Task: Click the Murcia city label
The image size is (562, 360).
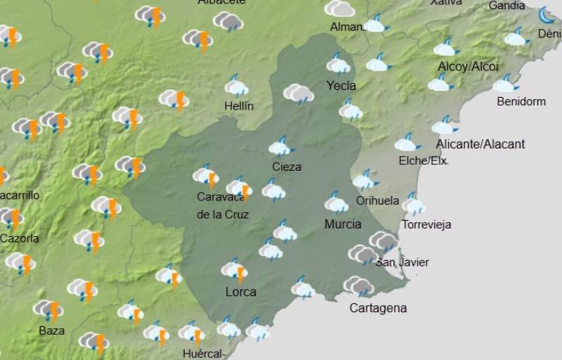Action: pyautogui.click(x=343, y=224)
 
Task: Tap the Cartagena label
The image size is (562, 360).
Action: pyautogui.click(x=378, y=308)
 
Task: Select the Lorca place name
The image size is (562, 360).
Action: pyautogui.click(x=240, y=292)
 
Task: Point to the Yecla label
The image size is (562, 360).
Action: pyautogui.click(x=341, y=86)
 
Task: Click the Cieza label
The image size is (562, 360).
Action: pyautogui.click(x=286, y=167)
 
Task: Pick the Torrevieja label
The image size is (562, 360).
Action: pyautogui.click(x=426, y=225)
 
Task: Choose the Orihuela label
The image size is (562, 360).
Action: pyautogui.click(x=377, y=200)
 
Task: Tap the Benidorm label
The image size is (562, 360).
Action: pyautogui.click(x=521, y=101)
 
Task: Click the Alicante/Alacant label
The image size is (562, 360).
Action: pyautogui.click(x=480, y=144)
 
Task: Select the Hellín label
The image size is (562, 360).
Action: pyautogui.click(x=238, y=106)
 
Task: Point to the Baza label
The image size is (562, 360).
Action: pyautogui.click(x=51, y=330)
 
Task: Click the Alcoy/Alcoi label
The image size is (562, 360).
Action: pyautogui.click(x=468, y=67)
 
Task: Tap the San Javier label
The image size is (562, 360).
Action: pyautogui.click(x=402, y=262)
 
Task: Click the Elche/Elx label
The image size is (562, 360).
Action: pyautogui.click(x=422, y=161)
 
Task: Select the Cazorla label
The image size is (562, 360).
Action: pyautogui.click(x=19, y=238)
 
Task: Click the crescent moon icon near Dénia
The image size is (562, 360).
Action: pyautogui.click(x=547, y=15)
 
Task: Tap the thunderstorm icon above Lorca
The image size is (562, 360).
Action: pyautogui.click(x=235, y=269)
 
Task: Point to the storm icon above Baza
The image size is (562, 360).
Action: pyautogui.click(x=48, y=309)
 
